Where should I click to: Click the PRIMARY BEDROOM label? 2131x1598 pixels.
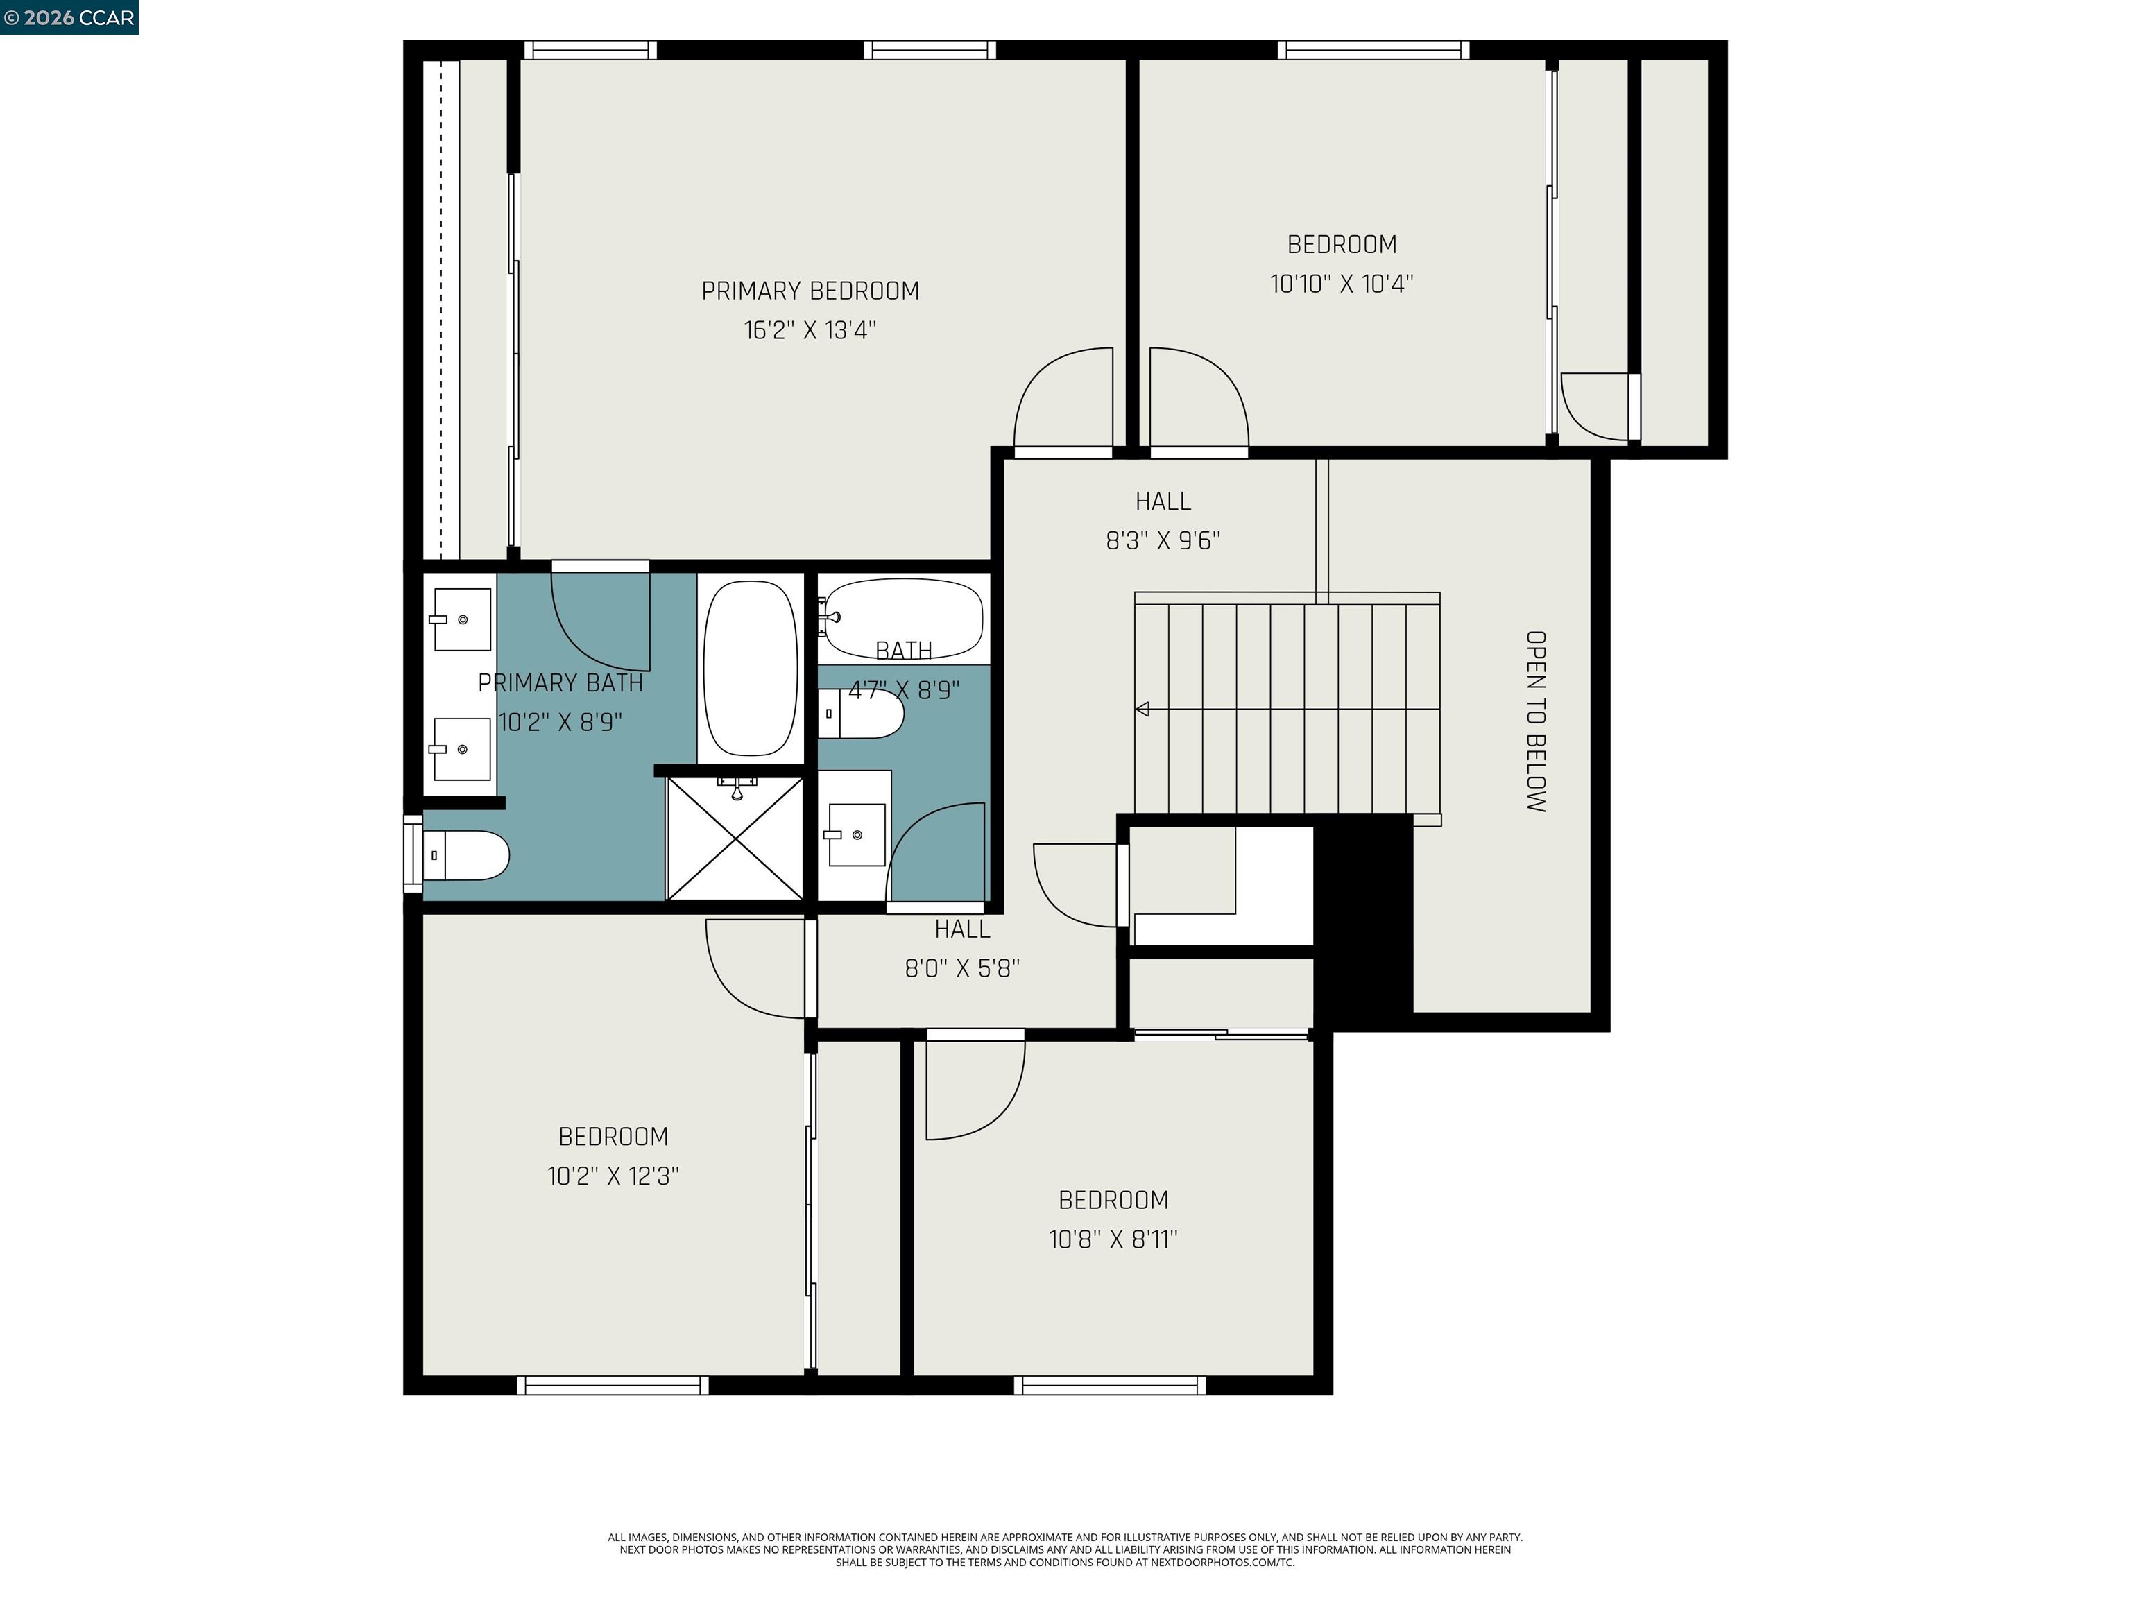[x=810, y=290]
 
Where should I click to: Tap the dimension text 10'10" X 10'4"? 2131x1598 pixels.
[x=1341, y=283]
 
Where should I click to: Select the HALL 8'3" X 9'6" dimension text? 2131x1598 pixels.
[x=1163, y=540]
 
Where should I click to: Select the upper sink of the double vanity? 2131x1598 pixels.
[x=461, y=619]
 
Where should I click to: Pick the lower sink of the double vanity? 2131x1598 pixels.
[x=461, y=748]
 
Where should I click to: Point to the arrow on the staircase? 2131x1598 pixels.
[x=1142, y=709]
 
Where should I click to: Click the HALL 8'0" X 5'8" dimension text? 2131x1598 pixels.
[x=961, y=968]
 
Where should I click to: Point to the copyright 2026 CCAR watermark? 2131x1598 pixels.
[x=69, y=17]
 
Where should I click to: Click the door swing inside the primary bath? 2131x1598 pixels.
[x=602, y=621]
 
